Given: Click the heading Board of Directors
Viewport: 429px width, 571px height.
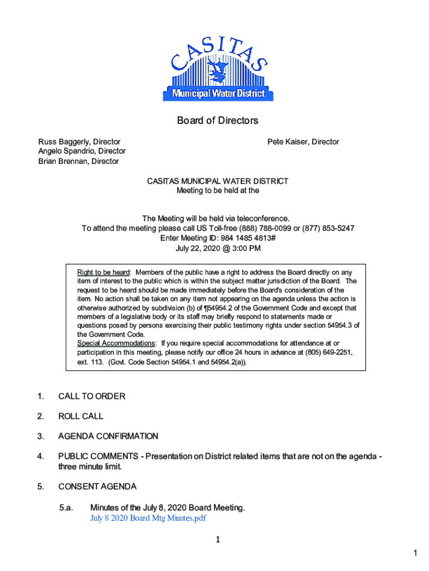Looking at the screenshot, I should (x=217, y=121).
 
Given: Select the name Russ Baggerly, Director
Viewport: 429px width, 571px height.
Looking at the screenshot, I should (x=79, y=142).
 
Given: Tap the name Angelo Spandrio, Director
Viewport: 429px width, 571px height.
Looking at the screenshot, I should (x=81, y=152).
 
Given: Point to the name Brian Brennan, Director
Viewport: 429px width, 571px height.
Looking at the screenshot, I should (x=78, y=161).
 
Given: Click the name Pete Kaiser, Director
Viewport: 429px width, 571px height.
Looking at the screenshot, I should (x=303, y=142).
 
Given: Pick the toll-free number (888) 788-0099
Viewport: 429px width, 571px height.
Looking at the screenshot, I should (x=265, y=229).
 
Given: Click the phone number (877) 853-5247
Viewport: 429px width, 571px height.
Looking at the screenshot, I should (x=329, y=229).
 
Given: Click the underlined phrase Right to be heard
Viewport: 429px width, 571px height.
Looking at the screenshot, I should (x=103, y=273).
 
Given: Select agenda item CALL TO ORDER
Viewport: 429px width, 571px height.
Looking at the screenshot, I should (x=91, y=396).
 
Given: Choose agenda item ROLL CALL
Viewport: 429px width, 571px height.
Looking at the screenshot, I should (x=81, y=417).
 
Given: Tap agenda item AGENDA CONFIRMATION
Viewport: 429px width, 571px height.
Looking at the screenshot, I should (x=108, y=437).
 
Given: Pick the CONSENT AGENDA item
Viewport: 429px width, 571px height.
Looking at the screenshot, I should (x=97, y=487).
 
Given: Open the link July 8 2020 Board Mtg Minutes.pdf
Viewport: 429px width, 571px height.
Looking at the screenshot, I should (x=148, y=518).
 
